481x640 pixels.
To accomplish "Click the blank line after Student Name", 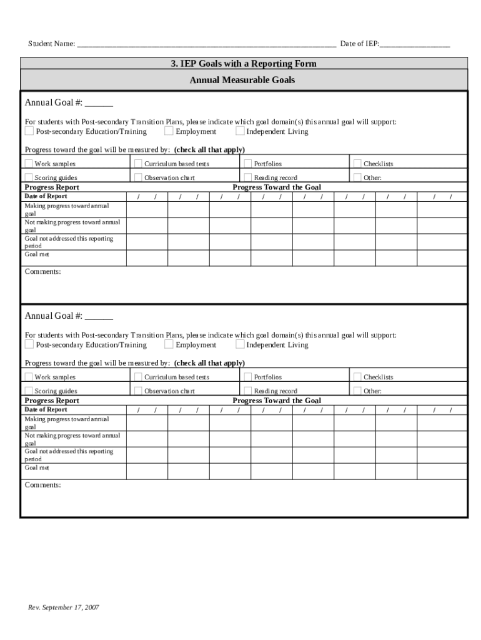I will point(206,44).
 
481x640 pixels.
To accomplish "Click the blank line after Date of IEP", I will point(415,44).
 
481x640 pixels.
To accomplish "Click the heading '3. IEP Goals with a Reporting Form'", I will point(244,64).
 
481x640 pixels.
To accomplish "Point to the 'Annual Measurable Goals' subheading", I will point(242,80).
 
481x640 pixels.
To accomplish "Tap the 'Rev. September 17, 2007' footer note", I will point(63,607).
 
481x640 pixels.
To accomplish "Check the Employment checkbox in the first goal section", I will point(169,131).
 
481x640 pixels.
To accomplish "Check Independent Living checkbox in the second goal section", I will point(240,344).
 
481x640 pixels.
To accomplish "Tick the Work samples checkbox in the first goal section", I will point(29,164).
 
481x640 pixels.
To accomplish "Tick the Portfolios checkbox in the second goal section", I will point(248,377).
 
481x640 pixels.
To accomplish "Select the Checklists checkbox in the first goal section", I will point(358,164).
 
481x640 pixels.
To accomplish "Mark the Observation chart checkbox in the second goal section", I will point(138,391).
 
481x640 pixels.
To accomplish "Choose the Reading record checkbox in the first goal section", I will point(248,177).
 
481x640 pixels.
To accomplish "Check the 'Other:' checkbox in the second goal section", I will point(358,391).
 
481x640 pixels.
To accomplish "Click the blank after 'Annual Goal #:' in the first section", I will point(99,104).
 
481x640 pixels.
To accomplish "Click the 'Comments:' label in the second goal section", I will point(42,485).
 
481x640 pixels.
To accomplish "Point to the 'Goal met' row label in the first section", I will point(37,255).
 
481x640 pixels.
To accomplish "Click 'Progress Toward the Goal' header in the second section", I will point(277,401).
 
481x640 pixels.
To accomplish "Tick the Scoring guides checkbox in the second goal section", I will point(29,391).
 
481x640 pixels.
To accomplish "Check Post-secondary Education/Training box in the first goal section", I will point(29,131).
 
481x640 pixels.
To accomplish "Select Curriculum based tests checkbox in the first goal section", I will point(138,164).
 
